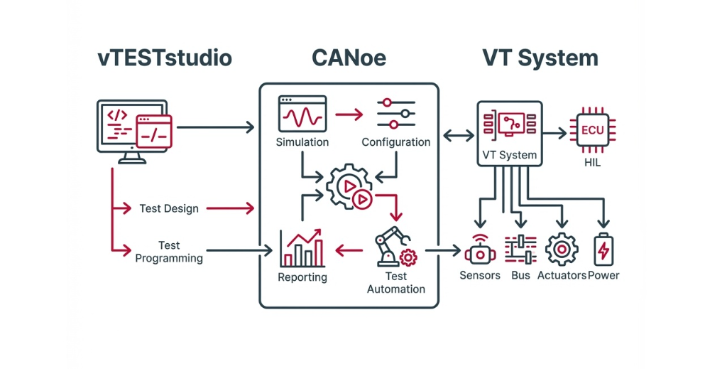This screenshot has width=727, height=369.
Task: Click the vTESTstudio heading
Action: (x=165, y=58)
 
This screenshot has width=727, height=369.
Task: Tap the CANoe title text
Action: (x=349, y=58)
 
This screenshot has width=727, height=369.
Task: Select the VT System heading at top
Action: (x=540, y=58)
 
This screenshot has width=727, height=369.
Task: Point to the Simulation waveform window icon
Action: (x=302, y=114)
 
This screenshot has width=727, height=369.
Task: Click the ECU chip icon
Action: (x=592, y=130)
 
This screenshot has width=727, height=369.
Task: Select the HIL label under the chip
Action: (x=592, y=163)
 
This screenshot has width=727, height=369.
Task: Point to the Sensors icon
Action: (x=480, y=250)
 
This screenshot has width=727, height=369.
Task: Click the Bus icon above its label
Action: (x=520, y=250)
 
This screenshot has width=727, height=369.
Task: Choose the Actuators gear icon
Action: (x=561, y=250)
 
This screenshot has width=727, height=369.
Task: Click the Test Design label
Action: (x=169, y=208)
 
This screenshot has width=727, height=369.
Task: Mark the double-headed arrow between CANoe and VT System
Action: (x=458, y=133)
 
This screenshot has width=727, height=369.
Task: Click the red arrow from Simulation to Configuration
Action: (x=348, y=113)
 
